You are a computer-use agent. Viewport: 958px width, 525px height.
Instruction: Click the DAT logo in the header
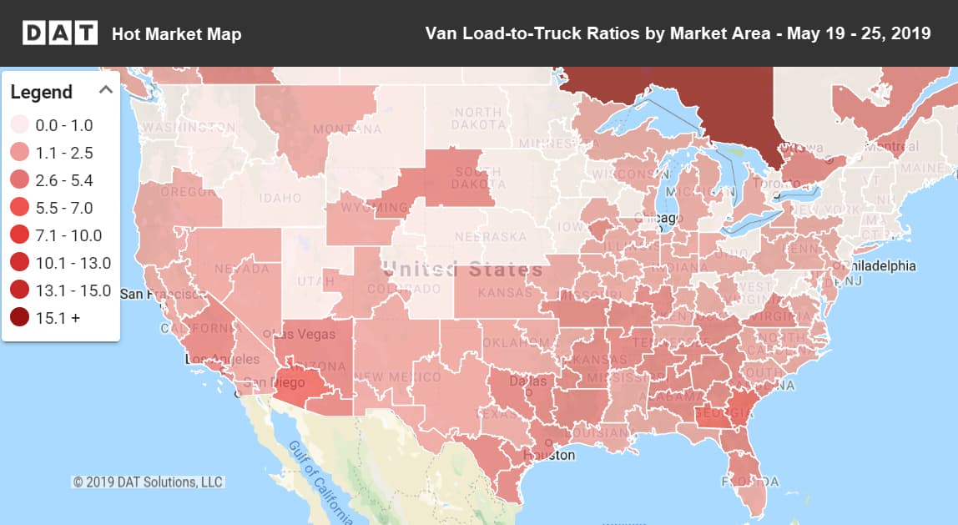[58, 33]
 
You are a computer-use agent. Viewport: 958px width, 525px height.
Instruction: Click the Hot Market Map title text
[176, 34]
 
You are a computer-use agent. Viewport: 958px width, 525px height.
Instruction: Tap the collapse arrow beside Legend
[106, 90]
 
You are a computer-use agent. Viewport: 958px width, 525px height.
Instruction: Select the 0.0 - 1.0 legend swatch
[20, 126]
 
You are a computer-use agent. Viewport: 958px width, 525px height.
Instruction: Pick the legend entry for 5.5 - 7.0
[20, 208]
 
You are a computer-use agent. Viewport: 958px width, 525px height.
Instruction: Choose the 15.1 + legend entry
[20, 318]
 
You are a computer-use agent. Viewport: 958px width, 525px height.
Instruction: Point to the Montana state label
[347, 129]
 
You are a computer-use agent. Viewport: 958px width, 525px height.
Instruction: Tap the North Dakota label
[478, 119]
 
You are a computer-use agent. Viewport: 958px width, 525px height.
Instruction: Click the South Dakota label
[478, 178]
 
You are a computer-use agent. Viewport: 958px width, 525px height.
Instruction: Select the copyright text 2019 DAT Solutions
[149, 482]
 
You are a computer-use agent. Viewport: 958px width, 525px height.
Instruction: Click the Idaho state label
[280, 199]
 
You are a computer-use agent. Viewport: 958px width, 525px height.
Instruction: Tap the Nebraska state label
[492, 237]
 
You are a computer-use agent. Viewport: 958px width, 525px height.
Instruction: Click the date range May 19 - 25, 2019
[852, 34]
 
